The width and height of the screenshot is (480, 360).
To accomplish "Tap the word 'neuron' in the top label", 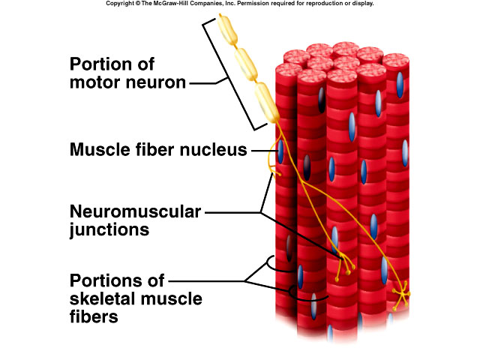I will pos(157,81).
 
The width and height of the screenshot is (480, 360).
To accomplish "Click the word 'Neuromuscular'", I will pos(135,211).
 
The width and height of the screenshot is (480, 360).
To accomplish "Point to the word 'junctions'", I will pos(109,230).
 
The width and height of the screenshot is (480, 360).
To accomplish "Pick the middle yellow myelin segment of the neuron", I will pos(246,66).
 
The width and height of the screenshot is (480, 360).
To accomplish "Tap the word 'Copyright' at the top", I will pos(120,4).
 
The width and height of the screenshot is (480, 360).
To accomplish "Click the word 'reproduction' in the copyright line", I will pos(327,4).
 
